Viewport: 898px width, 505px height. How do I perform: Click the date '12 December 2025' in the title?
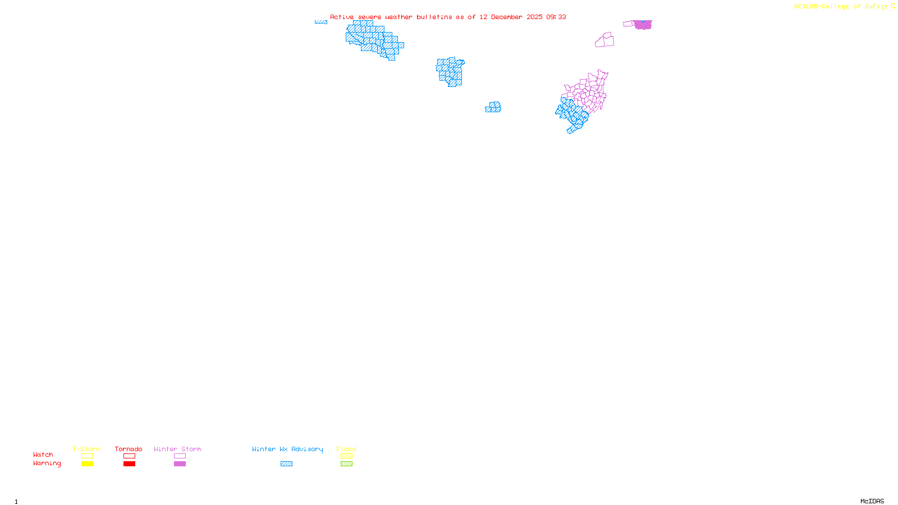pyautogui.click(x=511, y=17)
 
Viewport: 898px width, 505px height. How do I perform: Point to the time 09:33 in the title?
pyautogui.click(x=556, y=17)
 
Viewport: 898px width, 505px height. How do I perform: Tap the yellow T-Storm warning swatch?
pyautogui.click(x=87, y=464)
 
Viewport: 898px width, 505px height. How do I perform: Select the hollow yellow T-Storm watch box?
pyautogui.click(x=87, y=456)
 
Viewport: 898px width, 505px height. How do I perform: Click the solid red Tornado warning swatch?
pyautogui.click(x=129, y=464)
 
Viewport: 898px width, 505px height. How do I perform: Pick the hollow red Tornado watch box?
pyautogui.click(x=129, y=456)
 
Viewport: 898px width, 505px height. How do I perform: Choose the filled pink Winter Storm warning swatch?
pyautogui.click(x=180, y=464)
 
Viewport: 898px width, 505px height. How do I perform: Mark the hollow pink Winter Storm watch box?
pyautogui.click(x=180, y=456)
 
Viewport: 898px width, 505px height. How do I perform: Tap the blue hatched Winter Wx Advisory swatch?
pyautogui.click(x=286, y=464)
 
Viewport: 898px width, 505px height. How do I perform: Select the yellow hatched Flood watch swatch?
pyautogui.click(x=346, y=456)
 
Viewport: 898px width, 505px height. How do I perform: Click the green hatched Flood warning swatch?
pyautogui.click(x=346, y=464)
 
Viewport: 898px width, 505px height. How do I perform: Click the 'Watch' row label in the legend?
pyautogui.click(x=43, y=454)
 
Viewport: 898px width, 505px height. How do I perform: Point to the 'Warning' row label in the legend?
pyautogui.click(x=47, y=463)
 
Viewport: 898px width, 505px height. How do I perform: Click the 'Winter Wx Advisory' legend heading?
pyautogui.click(x=287, y=449)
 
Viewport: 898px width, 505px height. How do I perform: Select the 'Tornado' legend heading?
pyautogui.click(x=129, y=449)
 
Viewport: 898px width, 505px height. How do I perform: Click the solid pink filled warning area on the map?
pyautogui.click(x=643, y=25)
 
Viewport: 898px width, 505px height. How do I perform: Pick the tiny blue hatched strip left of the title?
pyautogui.click(x=321, y=22)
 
